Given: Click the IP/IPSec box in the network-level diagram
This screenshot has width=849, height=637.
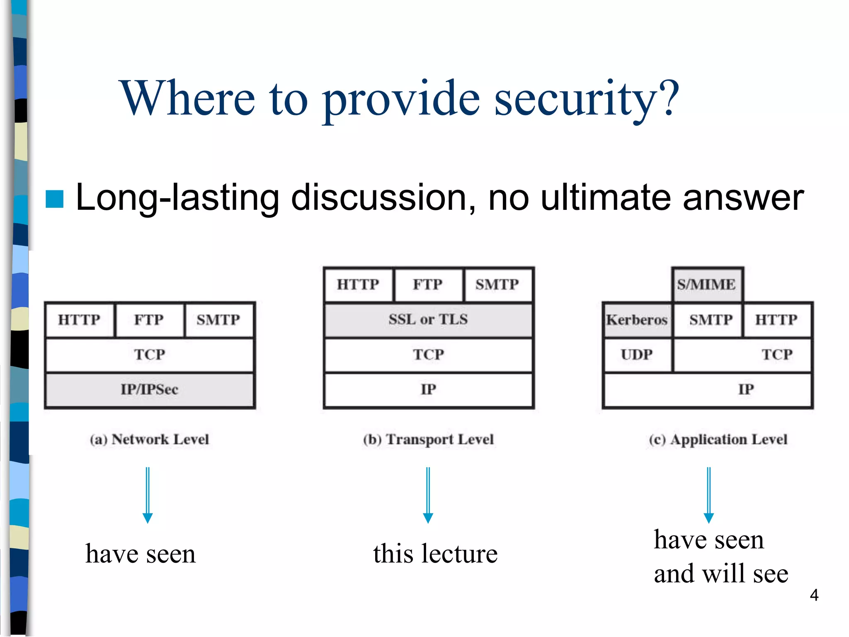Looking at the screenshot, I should tap(150, 390).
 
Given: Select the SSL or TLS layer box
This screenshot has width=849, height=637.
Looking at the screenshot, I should tap(428, 320).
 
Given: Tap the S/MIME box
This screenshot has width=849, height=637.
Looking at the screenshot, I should tap(707, 285).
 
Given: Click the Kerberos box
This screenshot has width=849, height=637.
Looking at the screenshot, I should tap(637, 320).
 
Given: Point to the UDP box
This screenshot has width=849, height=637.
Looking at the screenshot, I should tap(637, 355).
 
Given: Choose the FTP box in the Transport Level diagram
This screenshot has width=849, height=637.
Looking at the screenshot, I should tap(428, 285).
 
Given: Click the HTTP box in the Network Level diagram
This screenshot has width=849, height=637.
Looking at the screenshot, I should tap(80, 320).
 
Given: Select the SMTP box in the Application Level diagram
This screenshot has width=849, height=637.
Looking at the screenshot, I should tap(711, 320).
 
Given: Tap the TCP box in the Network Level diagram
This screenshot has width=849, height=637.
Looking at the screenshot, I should tap(150, 355).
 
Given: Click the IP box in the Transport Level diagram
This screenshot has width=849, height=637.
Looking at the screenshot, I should tap(428, 390).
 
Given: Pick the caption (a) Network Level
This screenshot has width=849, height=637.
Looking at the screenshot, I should tap(150, 440).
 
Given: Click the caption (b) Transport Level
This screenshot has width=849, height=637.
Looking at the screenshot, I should tap(428, 440).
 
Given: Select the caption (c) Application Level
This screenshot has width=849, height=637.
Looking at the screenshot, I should tap(718, 440).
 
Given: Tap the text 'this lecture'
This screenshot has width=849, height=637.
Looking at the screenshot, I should tap(435, 554).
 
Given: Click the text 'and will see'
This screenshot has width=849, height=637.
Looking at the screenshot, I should tap(721, 574).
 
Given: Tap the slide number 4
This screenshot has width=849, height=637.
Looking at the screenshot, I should tap(814, 595).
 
